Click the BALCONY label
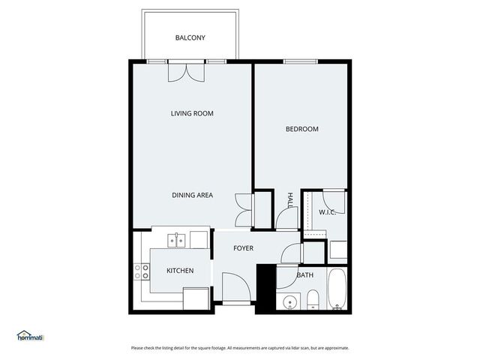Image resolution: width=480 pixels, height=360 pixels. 190,37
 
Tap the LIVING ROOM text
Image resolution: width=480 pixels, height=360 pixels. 192,114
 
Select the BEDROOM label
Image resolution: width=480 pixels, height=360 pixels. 301,129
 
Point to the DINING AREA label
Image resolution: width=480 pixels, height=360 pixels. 192,195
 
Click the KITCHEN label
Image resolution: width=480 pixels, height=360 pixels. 180,271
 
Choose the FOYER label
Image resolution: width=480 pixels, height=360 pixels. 243,248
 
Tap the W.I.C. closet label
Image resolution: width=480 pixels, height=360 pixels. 327,212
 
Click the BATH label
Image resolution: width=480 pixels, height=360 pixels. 304,275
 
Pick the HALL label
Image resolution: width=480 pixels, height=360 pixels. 290,199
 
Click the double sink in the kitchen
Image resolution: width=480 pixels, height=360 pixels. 177,240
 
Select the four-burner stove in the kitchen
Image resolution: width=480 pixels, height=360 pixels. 141,271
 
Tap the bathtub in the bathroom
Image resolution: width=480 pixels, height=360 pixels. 337,289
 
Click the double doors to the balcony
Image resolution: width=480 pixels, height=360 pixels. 186,71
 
